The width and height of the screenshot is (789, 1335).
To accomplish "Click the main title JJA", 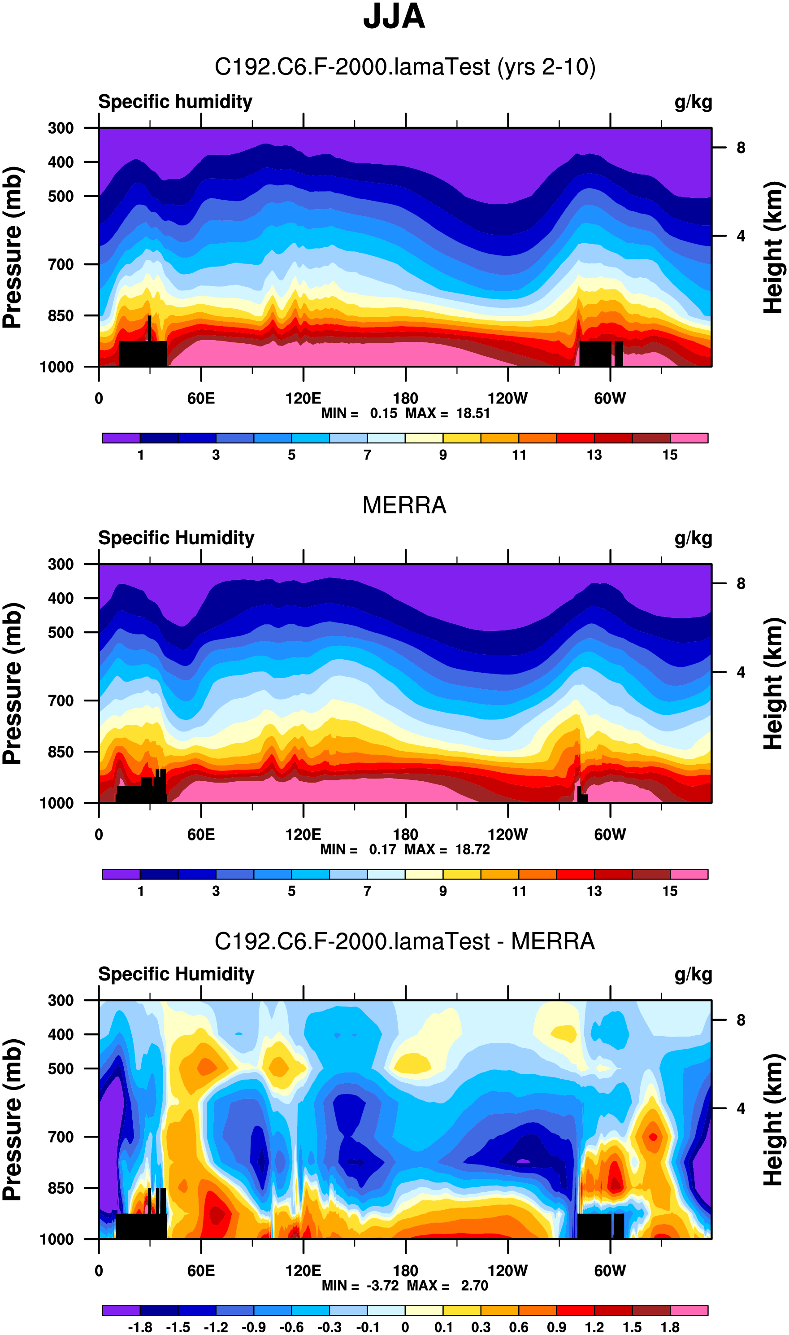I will [394, 17].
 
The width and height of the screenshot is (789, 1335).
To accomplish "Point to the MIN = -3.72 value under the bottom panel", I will [360, 1286].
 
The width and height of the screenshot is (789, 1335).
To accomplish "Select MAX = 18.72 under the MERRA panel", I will [447, 849].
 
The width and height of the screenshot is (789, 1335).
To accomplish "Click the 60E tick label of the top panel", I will [201, 398].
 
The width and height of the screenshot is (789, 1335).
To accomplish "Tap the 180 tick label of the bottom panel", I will [405, 1271].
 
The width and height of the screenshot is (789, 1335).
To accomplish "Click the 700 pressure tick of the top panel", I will [61, 264].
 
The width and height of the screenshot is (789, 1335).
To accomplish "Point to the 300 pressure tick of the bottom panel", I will [61, 1000].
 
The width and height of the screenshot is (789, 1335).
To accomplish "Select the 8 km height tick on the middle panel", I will [741, 584].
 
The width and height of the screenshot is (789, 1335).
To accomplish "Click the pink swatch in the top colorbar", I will [689, 438].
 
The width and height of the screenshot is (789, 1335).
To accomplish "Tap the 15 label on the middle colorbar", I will [670, 891].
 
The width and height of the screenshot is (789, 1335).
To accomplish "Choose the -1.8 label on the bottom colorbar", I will [140, 1327].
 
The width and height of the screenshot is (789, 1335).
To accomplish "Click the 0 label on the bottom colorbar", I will [405, 1327].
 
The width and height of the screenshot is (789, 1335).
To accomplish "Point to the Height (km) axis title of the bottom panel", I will [774, 1120].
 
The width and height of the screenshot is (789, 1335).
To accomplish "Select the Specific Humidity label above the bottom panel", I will [176, 974].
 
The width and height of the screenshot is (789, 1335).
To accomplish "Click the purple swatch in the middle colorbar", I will [121, 874].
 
